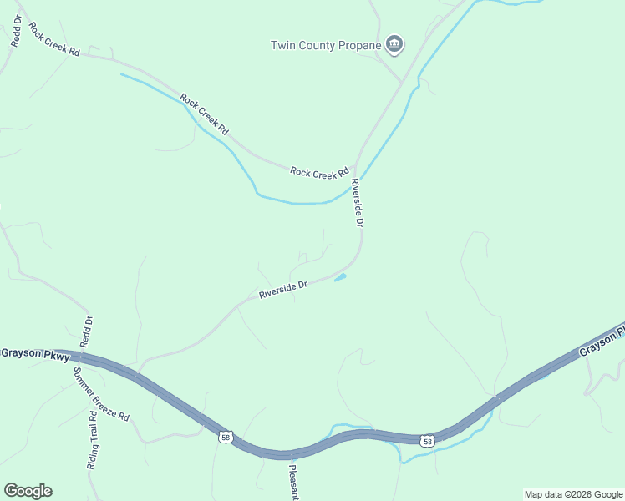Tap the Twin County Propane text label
click(326, 45)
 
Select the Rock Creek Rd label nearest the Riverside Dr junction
click(319, 173)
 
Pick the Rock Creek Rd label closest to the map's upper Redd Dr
click(53, 39)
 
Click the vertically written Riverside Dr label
click(357, 203)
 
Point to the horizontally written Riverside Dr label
click(283, 290)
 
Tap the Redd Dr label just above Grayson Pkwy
click(85, 332)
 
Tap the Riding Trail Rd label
click(92, 440)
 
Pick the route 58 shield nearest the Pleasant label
click(226, 438)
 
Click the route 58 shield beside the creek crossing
click(428, 441)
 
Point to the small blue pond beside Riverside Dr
click(340, 277)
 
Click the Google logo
click(28, 491)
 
